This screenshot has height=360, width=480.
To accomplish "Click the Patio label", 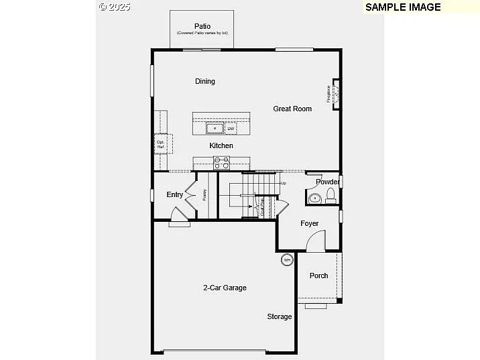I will (202, 26).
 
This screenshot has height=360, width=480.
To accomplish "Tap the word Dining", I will (205, 82).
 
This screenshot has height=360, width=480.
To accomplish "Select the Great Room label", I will (292, 109).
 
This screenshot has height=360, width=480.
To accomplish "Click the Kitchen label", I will (221, 145).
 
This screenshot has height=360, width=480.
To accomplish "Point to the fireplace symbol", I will (335, 93).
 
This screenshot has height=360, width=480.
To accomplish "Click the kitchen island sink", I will (215, 128).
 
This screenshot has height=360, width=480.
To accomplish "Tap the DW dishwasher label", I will (231, 129).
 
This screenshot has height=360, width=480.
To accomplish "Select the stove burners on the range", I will (221, 162).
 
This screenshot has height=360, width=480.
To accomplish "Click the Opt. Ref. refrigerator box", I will (162, 143).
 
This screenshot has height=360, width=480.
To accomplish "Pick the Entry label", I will (174, 194).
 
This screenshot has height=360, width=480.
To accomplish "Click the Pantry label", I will (204, 195).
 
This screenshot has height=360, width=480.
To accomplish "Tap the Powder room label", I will (327, 182).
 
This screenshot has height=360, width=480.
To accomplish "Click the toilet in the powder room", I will (330, 196).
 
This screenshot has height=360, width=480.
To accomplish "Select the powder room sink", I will (314, 198).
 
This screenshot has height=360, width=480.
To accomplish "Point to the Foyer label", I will (309, 223).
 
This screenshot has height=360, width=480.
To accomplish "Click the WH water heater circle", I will (287, 259).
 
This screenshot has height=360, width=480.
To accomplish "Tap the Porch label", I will (319, 276).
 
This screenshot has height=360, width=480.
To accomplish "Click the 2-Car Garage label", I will (225, 288).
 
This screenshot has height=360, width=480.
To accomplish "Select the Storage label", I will (280, 316).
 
